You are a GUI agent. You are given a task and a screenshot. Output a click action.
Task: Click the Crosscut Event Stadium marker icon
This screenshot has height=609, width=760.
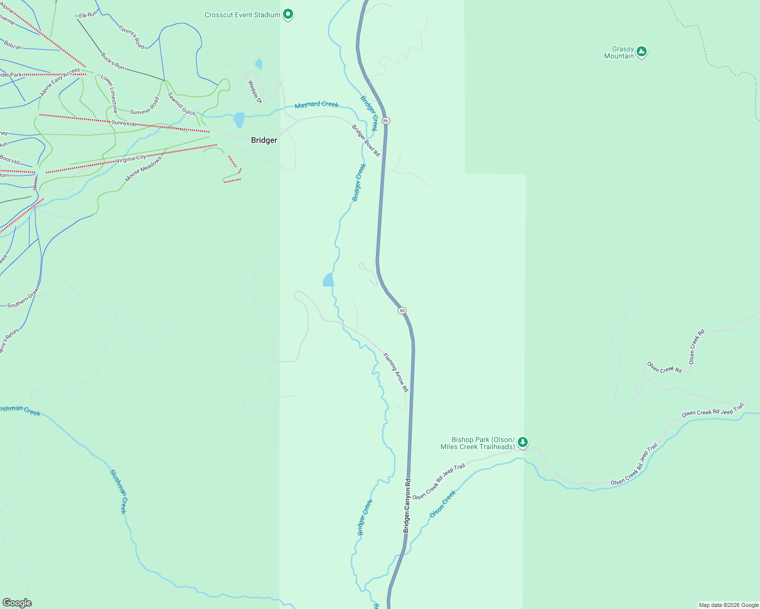coord(288,14)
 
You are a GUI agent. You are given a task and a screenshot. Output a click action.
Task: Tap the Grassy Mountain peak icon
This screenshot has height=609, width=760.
coord(642,52)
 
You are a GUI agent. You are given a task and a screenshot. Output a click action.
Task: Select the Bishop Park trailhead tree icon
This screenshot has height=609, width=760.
coord(523,443)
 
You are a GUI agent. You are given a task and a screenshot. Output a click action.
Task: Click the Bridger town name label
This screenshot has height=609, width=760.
coord(264,140)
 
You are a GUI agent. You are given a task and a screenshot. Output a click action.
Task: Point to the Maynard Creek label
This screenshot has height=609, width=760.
coord(316,105)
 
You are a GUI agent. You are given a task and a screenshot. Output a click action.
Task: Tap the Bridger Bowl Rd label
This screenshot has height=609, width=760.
coord(366,141)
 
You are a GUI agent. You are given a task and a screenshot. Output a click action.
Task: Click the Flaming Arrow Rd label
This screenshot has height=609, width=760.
coord(396,373)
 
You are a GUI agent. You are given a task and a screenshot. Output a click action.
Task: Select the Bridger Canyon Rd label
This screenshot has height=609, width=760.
coord(406,505)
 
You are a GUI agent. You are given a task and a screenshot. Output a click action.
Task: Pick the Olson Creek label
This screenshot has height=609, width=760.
coord(443,504)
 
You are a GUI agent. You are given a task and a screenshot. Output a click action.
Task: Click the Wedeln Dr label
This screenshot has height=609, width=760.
coord(255,92)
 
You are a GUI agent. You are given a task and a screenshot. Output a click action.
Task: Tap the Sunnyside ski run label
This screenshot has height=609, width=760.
coord(124,123)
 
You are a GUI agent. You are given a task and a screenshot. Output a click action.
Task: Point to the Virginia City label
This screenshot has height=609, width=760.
coord(131,159)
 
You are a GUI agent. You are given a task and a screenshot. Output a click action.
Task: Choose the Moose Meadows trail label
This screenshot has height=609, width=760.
coord(143,169)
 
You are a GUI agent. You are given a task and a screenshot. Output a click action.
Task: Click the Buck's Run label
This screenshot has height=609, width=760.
coord(112,61)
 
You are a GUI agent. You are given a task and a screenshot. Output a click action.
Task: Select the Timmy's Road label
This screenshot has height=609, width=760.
coord(132,37)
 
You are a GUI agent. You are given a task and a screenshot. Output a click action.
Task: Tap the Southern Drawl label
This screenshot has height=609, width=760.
coord(23,297)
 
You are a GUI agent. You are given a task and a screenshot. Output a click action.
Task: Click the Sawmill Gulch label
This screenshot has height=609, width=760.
coord(181,104)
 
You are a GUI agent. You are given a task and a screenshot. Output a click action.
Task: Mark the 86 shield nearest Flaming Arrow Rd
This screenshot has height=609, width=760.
coord(402,311)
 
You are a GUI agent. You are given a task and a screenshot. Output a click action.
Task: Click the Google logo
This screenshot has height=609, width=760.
coord(17,602)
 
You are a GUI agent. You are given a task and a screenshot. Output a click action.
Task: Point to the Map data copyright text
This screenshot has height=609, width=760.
coord(728,605)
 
